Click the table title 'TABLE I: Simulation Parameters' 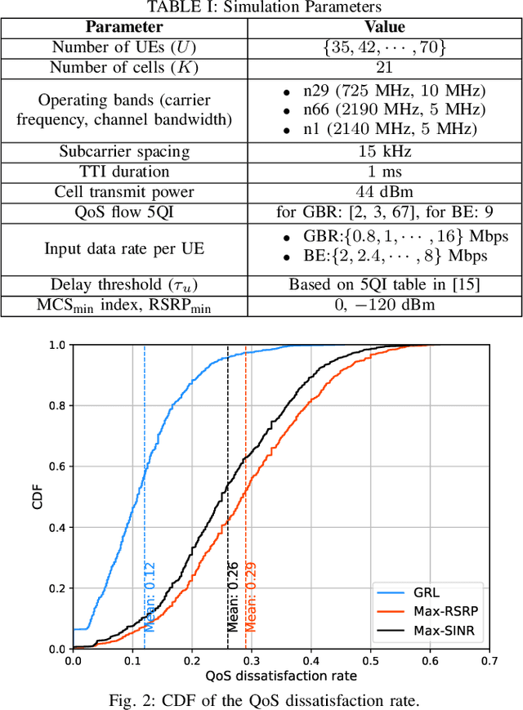click(261, 7)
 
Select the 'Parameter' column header click(124, 27)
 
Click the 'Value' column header click(384, 27)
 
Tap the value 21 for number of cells click(384, 68)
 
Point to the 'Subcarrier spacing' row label click(124, 151)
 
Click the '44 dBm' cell click(384, 192)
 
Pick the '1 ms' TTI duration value click(384, 172)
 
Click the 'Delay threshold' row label click(124, 285)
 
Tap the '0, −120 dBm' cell click(384, 306)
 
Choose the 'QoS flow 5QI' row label click(124, 212)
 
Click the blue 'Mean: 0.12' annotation click(150, 596)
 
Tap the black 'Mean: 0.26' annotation click(233, 596)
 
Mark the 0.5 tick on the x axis click(370, 660)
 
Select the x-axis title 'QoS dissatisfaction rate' click(281, 676)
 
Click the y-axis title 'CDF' click(38, 498)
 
